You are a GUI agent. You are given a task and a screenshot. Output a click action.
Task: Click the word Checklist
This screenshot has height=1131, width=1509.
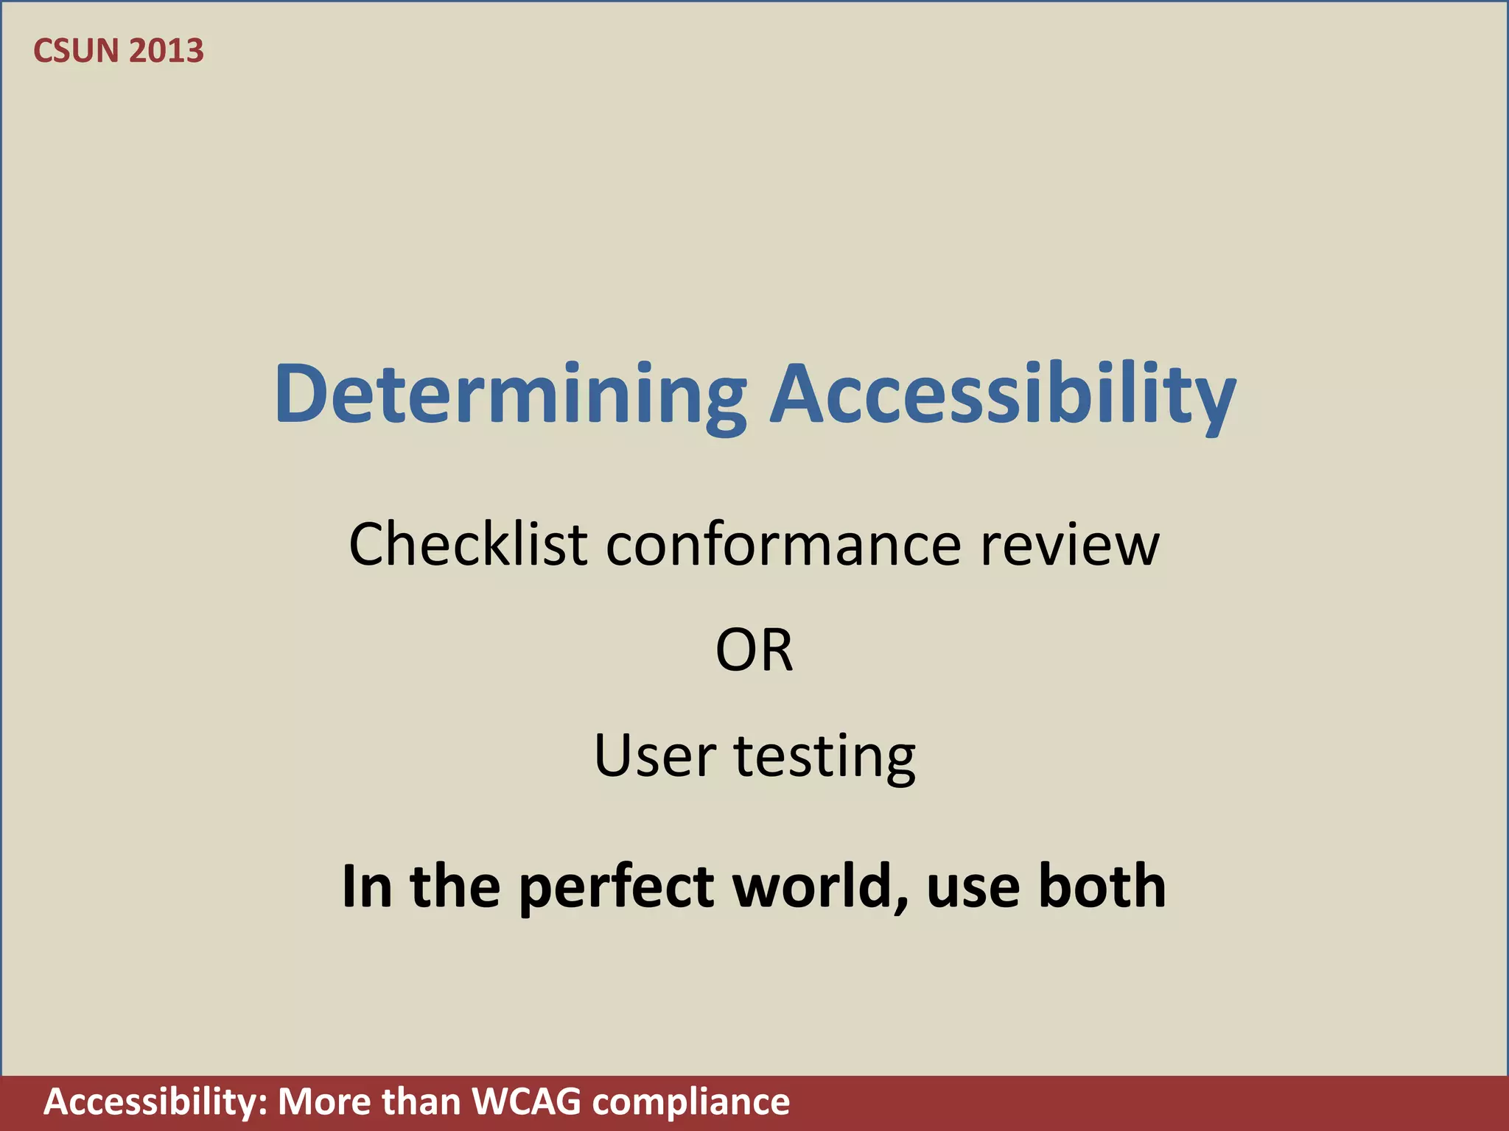click(468, 544)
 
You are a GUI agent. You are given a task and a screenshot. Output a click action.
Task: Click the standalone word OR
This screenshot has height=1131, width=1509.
click(754, 651)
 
